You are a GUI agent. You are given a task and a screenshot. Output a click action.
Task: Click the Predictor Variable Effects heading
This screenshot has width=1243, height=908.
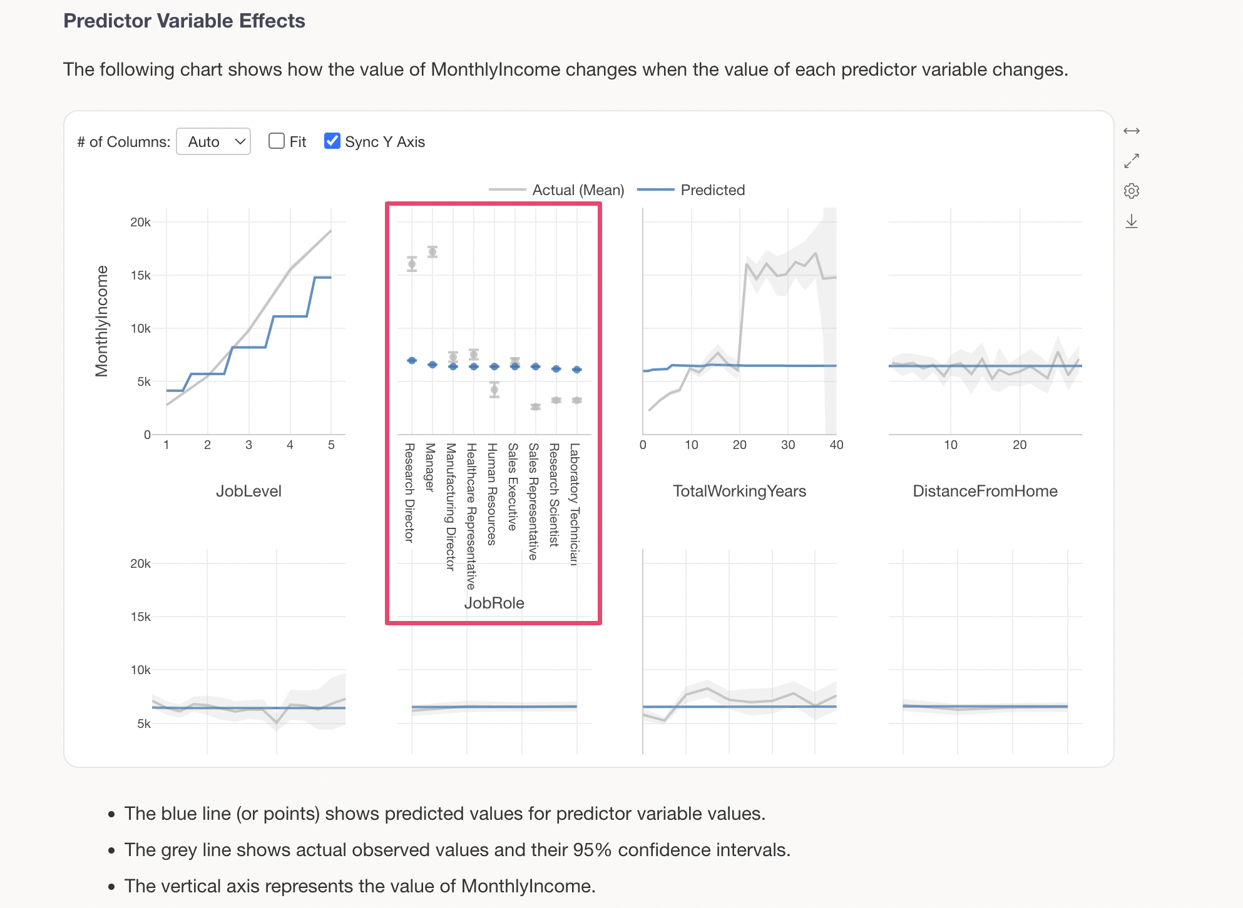[184, 21]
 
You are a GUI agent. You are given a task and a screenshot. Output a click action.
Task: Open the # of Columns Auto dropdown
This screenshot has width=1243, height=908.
[213, 142]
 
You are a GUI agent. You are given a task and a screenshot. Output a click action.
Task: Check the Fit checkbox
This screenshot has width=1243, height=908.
[277, 141]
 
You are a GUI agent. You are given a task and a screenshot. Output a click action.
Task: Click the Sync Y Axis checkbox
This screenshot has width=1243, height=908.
[332, 141]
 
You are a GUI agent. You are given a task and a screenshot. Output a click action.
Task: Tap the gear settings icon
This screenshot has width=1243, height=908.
[1132, 191]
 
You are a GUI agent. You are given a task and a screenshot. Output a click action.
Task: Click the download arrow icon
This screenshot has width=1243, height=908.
[1132, 221]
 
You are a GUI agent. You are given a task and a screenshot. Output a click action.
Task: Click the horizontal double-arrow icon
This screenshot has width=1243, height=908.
[1132, 131]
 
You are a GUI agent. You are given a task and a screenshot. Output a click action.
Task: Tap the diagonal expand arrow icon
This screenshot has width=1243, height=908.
[1132, 161]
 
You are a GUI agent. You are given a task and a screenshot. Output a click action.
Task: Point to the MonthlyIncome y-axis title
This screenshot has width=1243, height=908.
[101, 321]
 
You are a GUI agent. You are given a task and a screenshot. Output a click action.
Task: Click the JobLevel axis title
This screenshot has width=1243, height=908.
[248, 491]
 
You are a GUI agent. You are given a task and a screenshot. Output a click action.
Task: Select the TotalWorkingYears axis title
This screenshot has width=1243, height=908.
[739, 491]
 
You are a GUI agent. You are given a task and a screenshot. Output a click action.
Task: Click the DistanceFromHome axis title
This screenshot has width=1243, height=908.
[985, 491]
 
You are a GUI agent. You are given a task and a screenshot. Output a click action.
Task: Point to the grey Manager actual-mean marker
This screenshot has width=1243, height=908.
[432, 252]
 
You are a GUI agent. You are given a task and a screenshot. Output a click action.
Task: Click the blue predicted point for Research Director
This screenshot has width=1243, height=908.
[412, 360]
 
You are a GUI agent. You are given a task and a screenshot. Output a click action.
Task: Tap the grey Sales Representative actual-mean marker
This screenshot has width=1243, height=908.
[535, 407]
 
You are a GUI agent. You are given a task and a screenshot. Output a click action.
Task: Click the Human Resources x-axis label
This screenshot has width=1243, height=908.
[493, 494]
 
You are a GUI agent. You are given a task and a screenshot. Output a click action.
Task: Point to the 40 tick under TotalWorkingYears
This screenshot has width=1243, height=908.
[836, 445]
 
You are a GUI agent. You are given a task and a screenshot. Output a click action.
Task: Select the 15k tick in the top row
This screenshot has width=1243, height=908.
[141, 275]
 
